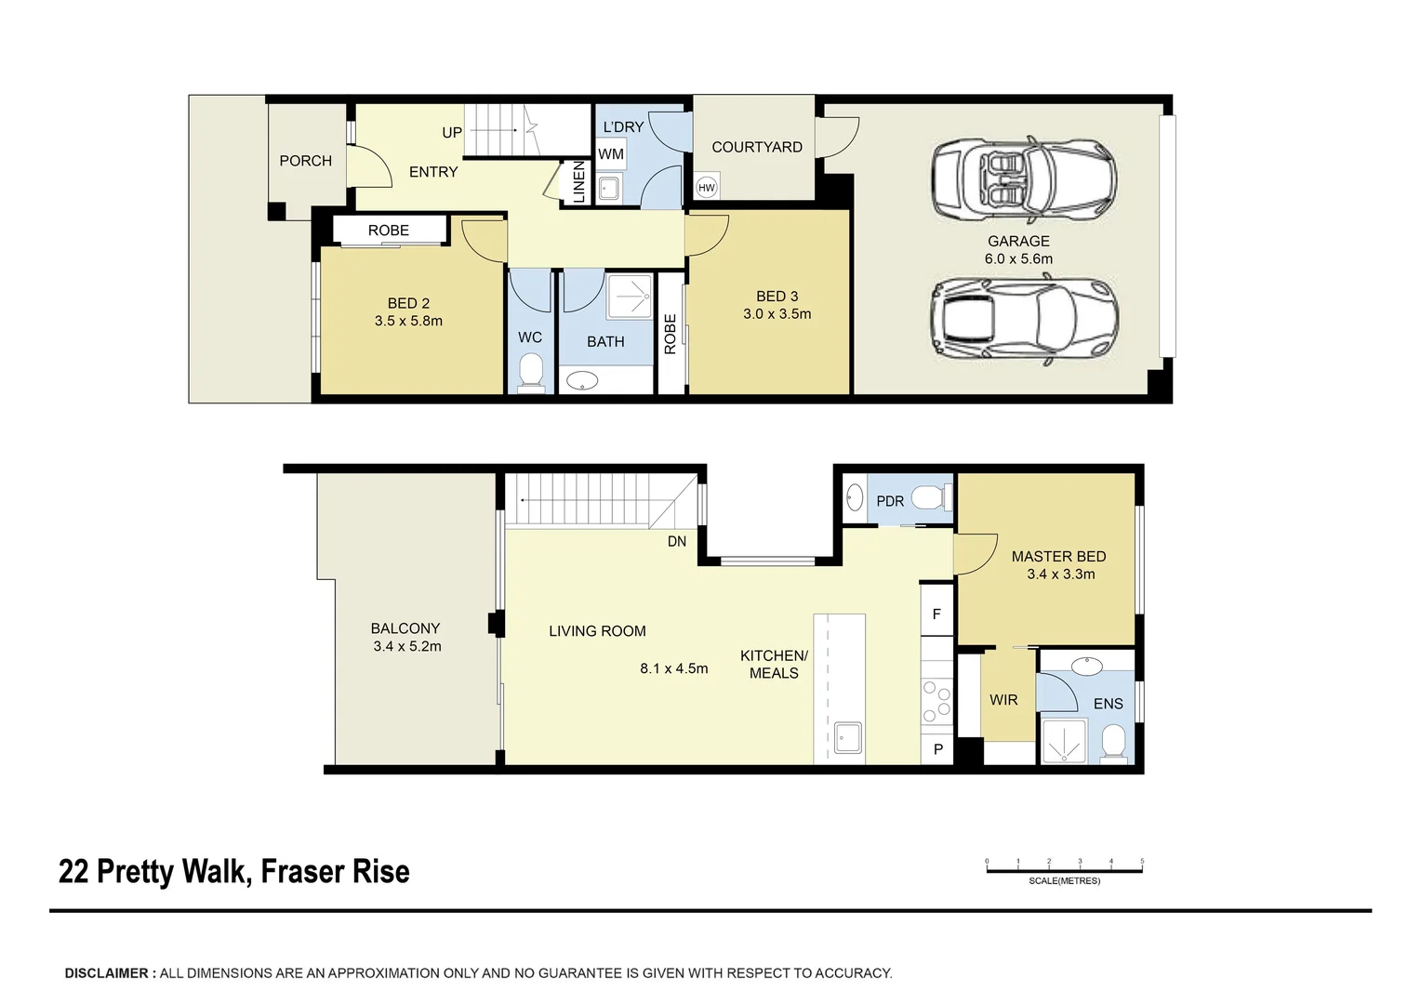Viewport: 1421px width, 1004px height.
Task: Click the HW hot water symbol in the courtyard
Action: click(x=707, y=188)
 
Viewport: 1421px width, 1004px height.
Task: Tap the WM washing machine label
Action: click(x=611, y=154)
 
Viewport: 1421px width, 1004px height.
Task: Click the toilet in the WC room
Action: click(x=530, y=371)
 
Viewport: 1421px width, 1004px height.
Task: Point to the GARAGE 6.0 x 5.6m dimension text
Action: click(x=1018, y=258)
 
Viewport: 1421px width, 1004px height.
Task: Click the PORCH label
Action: click(x=305, y=161)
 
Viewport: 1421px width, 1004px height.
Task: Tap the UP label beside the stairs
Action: click(x=452, y=133)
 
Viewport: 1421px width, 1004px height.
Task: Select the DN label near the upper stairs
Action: click(x=677, y=541)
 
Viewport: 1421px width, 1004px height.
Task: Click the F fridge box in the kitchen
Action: click(x=936, y=614)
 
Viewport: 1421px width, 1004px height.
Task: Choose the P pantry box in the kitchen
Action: click(x=937, y=748)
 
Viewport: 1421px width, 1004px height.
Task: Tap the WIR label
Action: click(x=1003, y=700)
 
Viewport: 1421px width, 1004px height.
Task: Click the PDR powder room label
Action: click(x=890, y=501)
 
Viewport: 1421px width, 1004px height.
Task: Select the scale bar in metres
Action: click(x=1064, y=870)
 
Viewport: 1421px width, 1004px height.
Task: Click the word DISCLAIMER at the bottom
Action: click(x=105, y=973)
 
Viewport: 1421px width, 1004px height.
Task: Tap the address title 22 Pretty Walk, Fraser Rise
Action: click(x=234, y=872)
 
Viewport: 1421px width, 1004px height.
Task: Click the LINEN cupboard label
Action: click(x=578, y=182)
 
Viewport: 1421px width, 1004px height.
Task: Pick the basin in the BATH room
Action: click(x=583, y=379)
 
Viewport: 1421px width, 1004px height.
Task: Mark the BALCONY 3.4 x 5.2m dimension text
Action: click(x=406, y=646)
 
